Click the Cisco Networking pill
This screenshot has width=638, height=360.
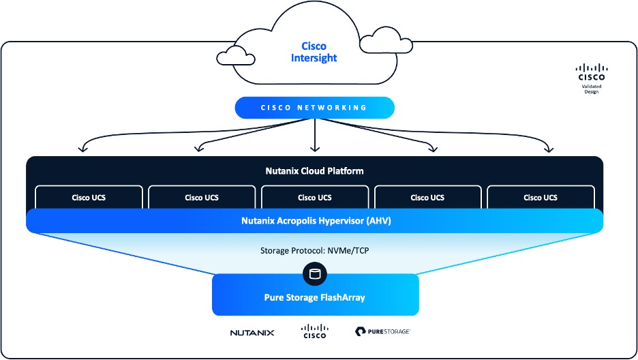pos(314,108)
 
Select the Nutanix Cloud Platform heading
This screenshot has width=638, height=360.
pos(314,171)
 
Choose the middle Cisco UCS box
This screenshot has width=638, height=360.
pos(315,198)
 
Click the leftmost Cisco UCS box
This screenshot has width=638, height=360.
pos(89,198)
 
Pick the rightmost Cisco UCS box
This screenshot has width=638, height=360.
pos(541,198)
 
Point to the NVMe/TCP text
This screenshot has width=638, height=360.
pos(350,250)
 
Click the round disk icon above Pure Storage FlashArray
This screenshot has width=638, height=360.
pos(314,275)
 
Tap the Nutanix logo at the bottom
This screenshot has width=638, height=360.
pos(252,333)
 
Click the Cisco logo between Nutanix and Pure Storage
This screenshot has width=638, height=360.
pos(314,331)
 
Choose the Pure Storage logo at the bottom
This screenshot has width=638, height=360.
pos(382,332)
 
